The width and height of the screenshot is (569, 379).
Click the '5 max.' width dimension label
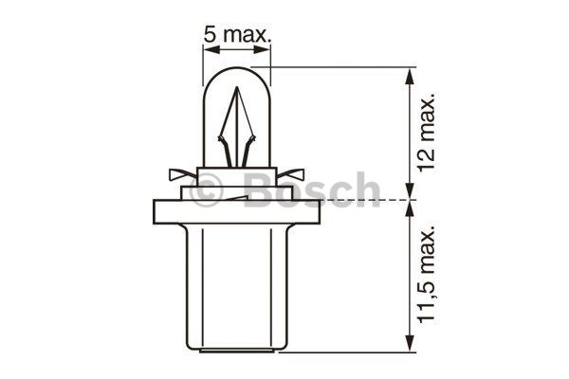point(237,35)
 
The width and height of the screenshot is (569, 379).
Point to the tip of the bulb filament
point(237,87)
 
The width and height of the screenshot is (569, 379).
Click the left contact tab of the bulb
point(182,174)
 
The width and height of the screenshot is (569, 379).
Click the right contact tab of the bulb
point(291,174)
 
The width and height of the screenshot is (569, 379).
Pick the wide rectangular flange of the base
point(236,212)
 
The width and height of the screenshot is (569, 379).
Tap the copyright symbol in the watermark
point(206,190)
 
